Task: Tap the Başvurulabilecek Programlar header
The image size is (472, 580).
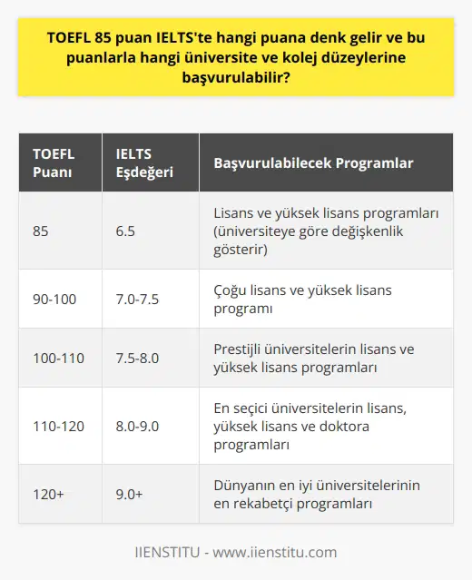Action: (313, 163)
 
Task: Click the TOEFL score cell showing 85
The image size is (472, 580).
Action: (41, 231)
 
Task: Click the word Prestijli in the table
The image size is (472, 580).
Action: (241, 349)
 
